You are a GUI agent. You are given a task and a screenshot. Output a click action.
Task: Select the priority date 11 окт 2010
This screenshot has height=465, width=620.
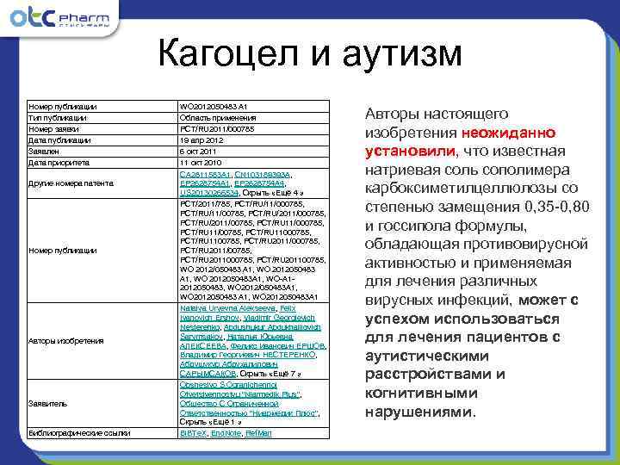pyautogui.click(x=200, y=161)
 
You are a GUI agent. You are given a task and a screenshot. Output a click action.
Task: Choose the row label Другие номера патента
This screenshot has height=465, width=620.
pyautogui.click(x=68, y=183)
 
